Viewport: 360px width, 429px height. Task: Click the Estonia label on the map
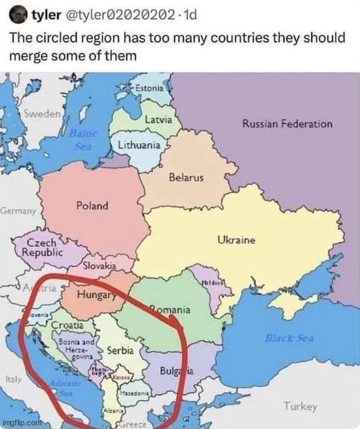pyautogui.click(x=149, y=88)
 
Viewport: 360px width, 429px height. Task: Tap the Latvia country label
pyautogui.click(x=158, y=118)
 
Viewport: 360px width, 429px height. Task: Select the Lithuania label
pyautogui.click(x=139, y=145)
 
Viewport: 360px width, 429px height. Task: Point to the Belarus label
pyautogui.click(x=186, y=177)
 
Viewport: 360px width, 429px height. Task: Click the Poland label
pyautogui.click(x=92, y=206)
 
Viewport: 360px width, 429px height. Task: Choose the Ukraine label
pyautogui.click(x=236, y=240)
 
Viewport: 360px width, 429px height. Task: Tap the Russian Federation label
pyautogui.click(x=287, y=124)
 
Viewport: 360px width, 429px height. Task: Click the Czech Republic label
pyautogui.click(x=42, y=248)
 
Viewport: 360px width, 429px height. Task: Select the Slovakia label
pyautogui.click(x=100, y=266)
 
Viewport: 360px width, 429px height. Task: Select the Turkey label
pyautogui.click(x=300, y=407)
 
